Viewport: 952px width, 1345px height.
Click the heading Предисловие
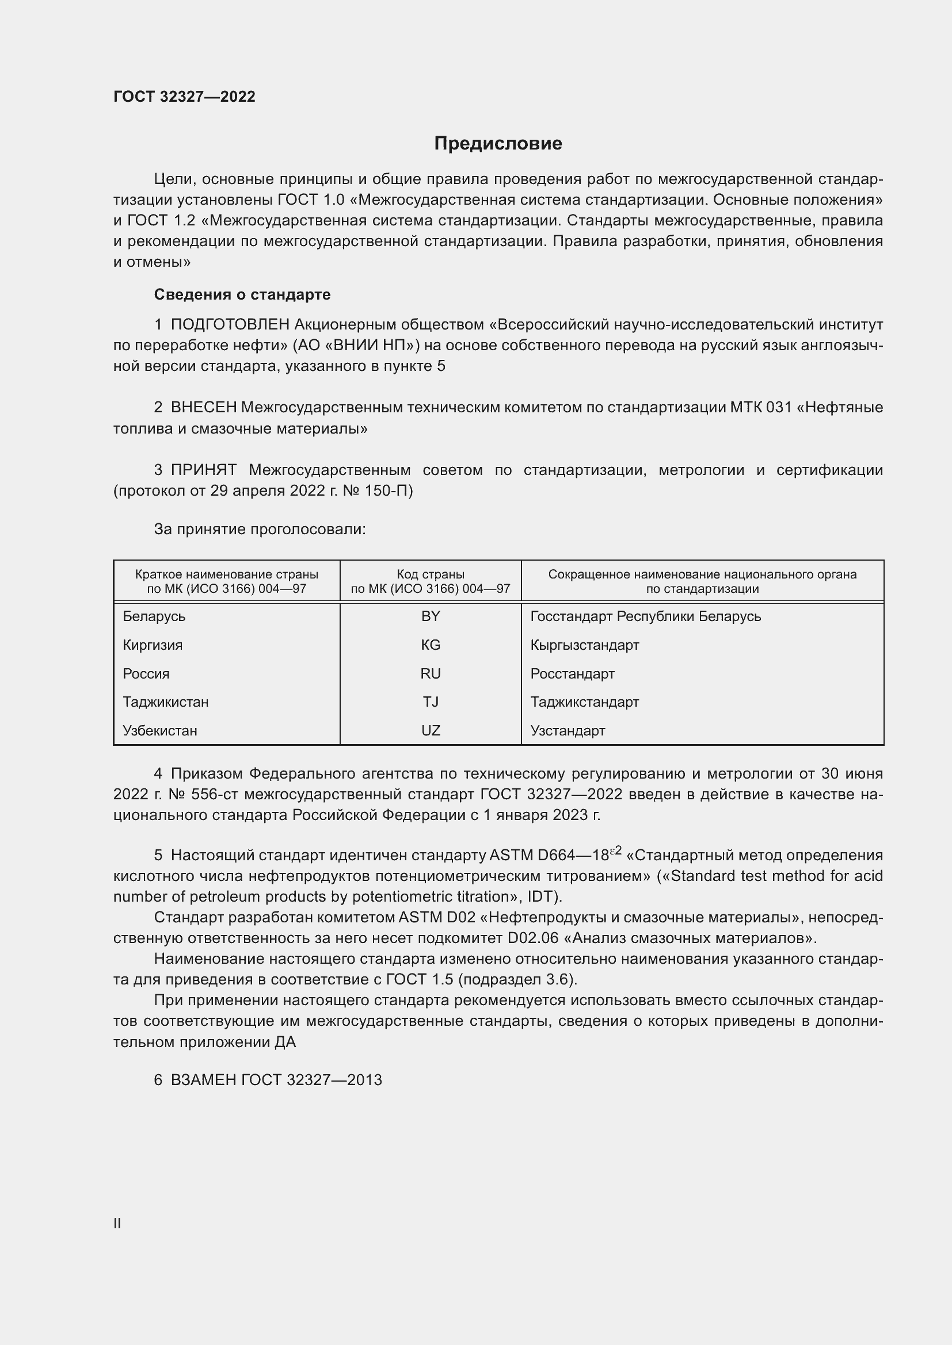498,144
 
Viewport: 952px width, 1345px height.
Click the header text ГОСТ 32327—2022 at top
184,97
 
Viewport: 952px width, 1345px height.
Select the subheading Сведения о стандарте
242,294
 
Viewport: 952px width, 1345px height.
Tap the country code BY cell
431,616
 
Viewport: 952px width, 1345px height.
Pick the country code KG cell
431,645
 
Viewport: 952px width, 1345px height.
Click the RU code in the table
431,674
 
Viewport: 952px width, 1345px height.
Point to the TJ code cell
431,702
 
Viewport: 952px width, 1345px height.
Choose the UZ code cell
431,730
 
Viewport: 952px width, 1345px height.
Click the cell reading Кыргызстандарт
584,645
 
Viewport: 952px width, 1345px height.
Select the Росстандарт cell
572,674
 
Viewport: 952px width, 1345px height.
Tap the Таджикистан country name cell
165,702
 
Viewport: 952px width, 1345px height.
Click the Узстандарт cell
568,730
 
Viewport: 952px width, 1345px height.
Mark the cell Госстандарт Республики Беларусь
645,616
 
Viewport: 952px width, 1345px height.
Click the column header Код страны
431,574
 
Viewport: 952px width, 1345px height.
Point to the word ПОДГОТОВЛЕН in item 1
230,324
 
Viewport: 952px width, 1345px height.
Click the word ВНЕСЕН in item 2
203,407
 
